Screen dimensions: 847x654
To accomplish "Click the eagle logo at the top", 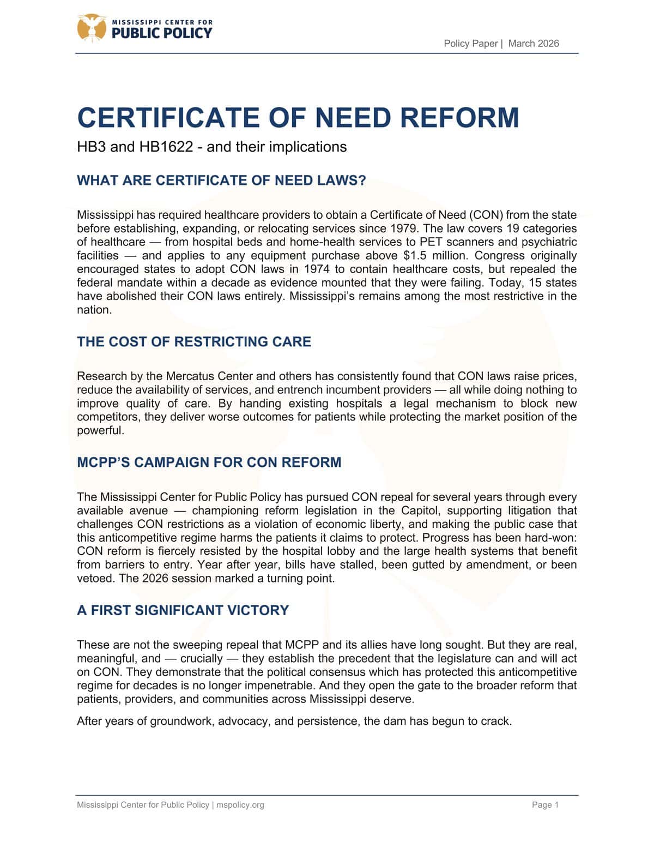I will point(91,27).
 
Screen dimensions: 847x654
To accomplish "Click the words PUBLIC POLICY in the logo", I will point(161,33).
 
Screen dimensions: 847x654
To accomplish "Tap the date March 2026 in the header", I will point(534,44).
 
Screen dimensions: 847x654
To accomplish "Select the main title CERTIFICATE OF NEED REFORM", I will point(298,118).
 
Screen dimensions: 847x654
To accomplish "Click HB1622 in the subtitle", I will point(166,147).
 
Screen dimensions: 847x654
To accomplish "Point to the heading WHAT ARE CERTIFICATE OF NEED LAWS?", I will point(221,181).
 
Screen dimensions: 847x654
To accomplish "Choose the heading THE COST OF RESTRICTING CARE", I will point(194,342).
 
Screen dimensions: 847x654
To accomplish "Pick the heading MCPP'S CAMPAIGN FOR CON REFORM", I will point(209,462).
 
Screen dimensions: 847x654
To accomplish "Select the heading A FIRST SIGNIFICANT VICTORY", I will point(183,610).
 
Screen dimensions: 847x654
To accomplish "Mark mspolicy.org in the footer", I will point(240,805).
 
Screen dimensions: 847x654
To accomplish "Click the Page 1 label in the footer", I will point(545,805).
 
